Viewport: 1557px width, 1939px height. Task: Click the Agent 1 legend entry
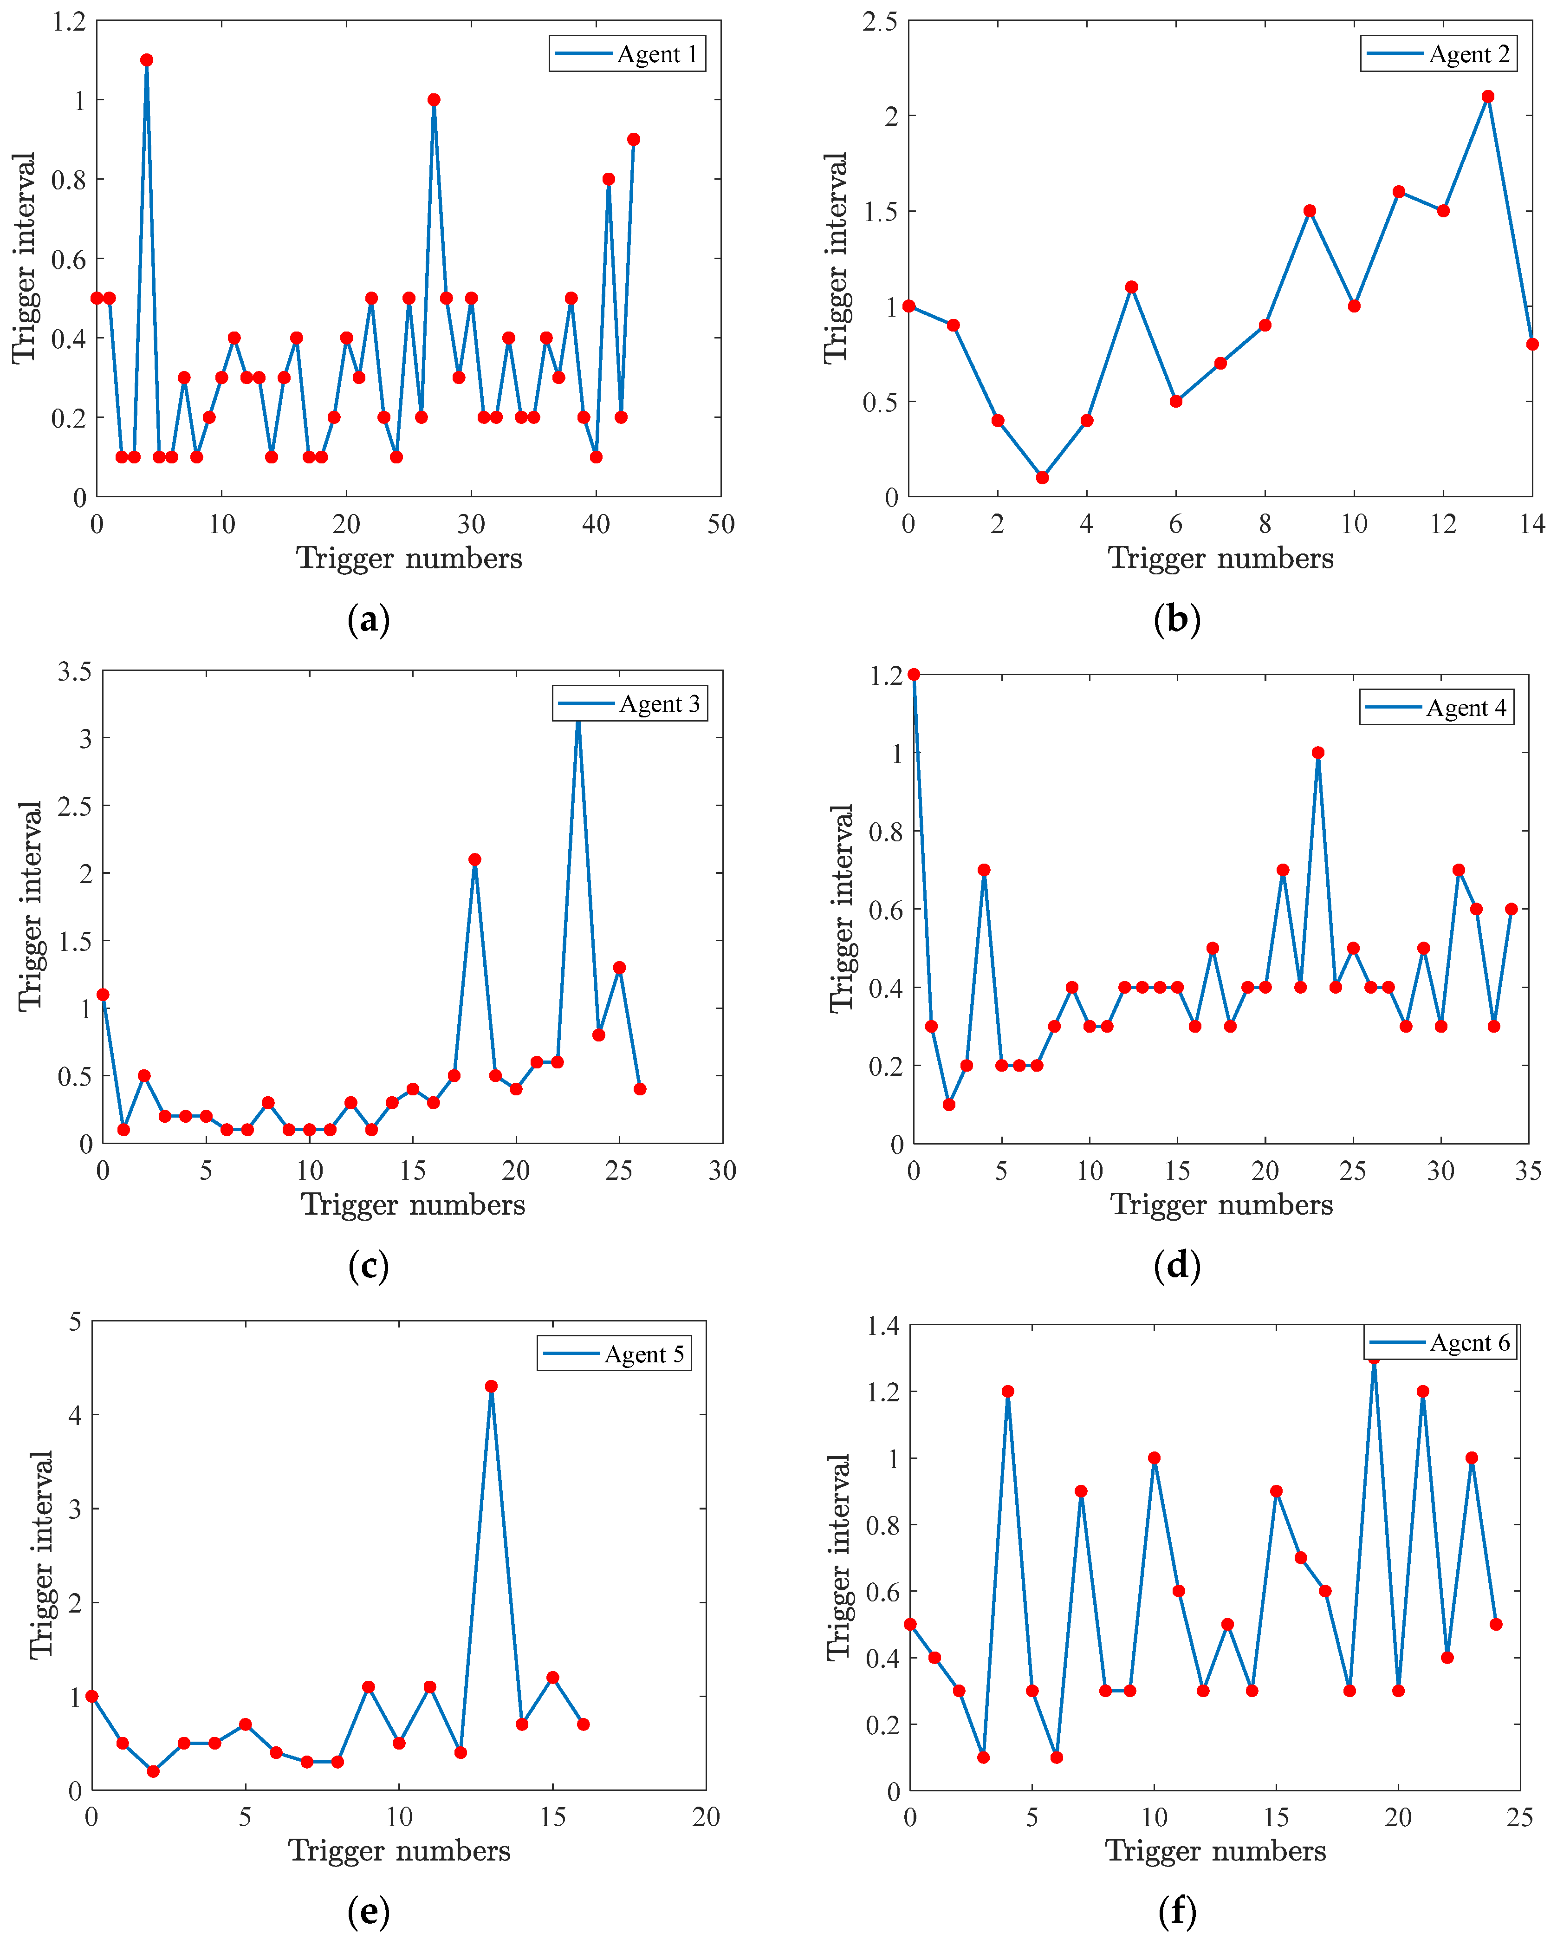[627, 54]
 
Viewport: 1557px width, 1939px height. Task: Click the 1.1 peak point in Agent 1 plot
[147, 60]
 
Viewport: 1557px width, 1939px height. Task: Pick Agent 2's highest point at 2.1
[1488, 96]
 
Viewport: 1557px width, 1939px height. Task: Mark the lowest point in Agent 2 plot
[1042, 478]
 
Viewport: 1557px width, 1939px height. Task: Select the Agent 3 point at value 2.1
[474, 860]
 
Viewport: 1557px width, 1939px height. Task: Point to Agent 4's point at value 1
[1318, 753]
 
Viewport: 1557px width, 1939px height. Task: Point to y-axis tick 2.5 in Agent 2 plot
[880, 21]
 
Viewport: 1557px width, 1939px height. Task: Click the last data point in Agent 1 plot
[634, 139]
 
